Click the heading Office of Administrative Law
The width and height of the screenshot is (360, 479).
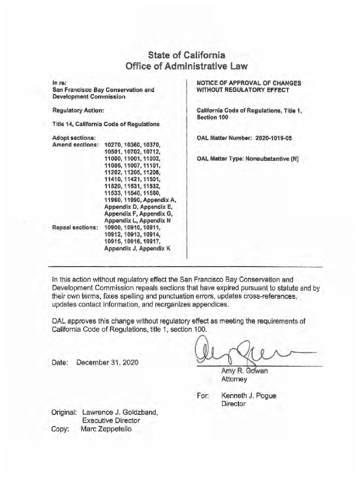tap(180, 66)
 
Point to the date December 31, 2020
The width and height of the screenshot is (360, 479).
tap(108, 363)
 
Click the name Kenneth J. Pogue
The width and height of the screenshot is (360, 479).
tap(249, 396)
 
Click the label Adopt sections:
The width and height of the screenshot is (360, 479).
tap(74, 138)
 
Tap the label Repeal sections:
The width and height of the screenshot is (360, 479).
tap(75, 228)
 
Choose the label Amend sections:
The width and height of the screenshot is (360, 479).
tap(75, 145)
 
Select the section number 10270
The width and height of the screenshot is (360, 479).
tap(113, 145)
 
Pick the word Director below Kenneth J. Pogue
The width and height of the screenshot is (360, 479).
tap(234, 403)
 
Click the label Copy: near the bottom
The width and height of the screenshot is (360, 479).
tap(61, 428)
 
